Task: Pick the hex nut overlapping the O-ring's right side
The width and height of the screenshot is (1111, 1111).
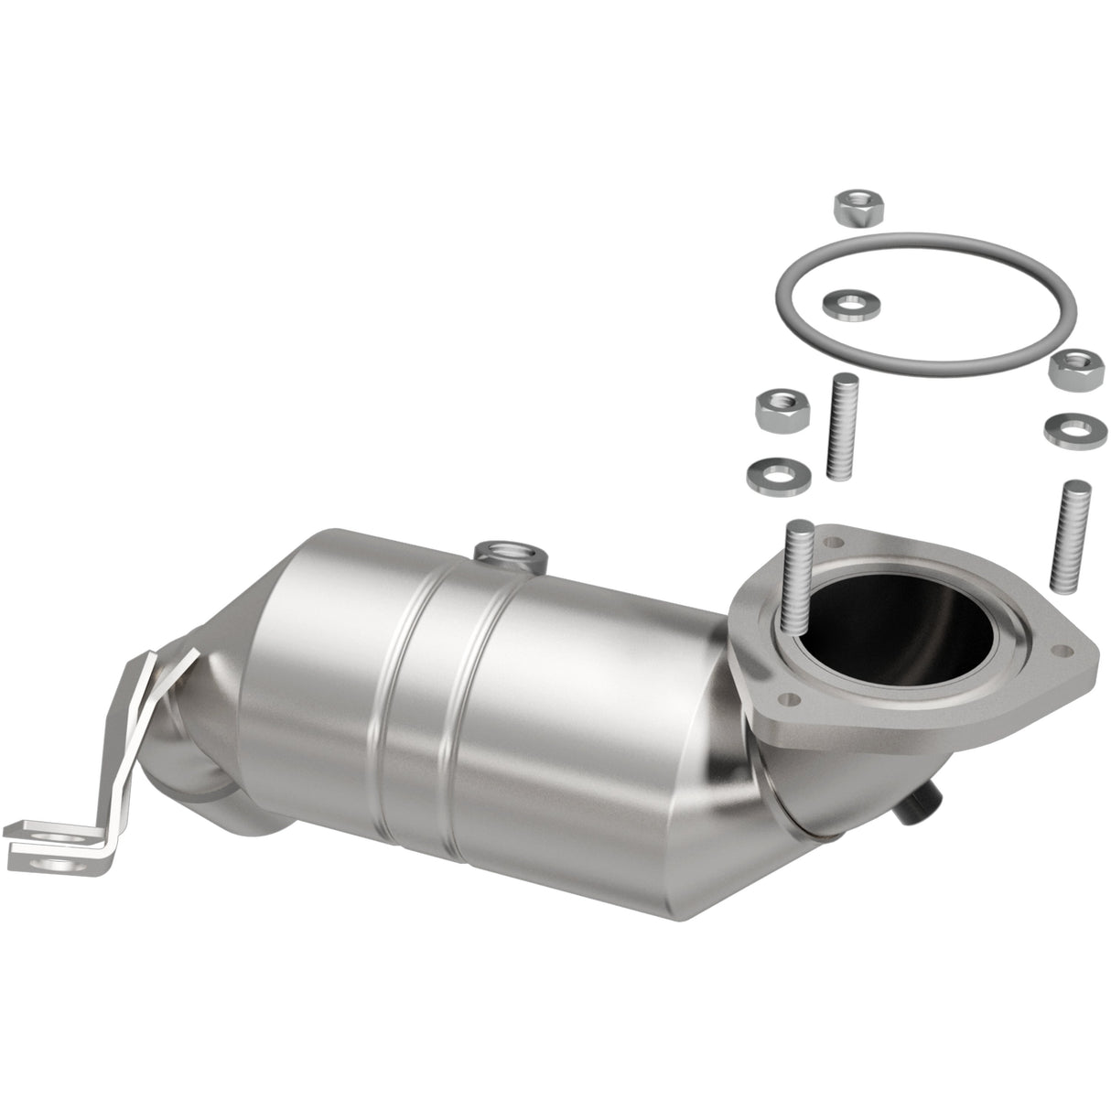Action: pyautogui.click(x=1067, y=368)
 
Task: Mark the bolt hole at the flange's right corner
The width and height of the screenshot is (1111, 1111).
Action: pyautogui.click(x=1063, y=652)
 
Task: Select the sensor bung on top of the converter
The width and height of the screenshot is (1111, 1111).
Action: pyautogui.click(x=509, y=552)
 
